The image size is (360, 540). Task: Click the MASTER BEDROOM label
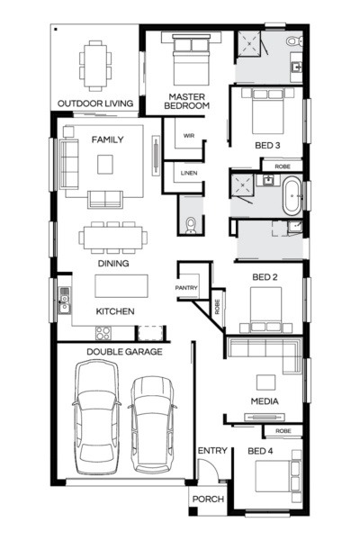pos(186,100)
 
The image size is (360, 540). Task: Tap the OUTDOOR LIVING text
pos(95,103)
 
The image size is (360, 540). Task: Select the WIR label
pos(189,136)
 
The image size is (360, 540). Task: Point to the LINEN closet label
pos(188,172)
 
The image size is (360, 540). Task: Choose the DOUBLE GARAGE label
pos(124,351)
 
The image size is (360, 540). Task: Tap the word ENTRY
pos(211,450)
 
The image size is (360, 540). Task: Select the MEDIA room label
pos(264,400)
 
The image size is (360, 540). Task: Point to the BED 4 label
pos(260,450)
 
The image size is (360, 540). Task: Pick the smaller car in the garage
pos(151,423)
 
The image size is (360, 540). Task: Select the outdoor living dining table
pos(94,65)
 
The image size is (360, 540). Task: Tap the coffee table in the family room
pos(106,164)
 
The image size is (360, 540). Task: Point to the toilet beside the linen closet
pos(189,225)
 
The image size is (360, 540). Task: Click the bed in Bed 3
pos(268,116)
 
